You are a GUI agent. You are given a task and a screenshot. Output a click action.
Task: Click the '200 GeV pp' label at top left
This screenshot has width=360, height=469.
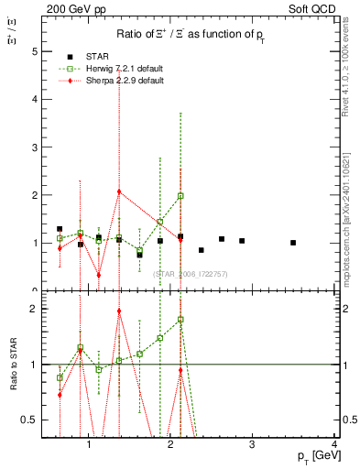pos(74,8)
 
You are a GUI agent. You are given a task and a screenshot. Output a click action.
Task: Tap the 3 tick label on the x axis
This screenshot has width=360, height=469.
pos(252,445)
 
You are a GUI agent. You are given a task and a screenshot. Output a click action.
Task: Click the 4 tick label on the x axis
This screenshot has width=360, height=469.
pos(333,445)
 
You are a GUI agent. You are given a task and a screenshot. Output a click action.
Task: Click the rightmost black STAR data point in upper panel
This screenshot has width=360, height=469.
pos(293,243)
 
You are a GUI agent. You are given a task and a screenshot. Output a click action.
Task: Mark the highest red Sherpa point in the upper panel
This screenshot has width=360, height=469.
pos(119,191)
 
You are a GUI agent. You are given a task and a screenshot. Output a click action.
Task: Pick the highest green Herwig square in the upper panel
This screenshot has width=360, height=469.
pos(180,196)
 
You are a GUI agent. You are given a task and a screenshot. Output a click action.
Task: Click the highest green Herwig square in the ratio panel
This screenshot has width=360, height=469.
pos(180,320)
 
